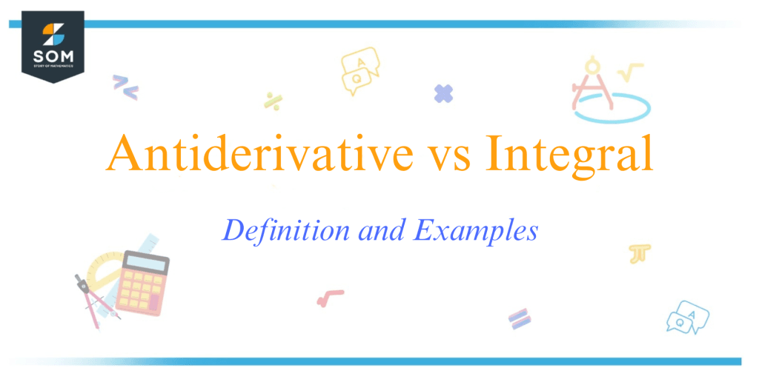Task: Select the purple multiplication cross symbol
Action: coord(443,93)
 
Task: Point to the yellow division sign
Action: coord(272,101)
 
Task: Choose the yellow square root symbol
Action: coord(630,72)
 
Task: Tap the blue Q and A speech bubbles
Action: coord(687,316)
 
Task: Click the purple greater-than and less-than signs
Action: coord(125,87)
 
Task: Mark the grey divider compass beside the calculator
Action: coord(88,301)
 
